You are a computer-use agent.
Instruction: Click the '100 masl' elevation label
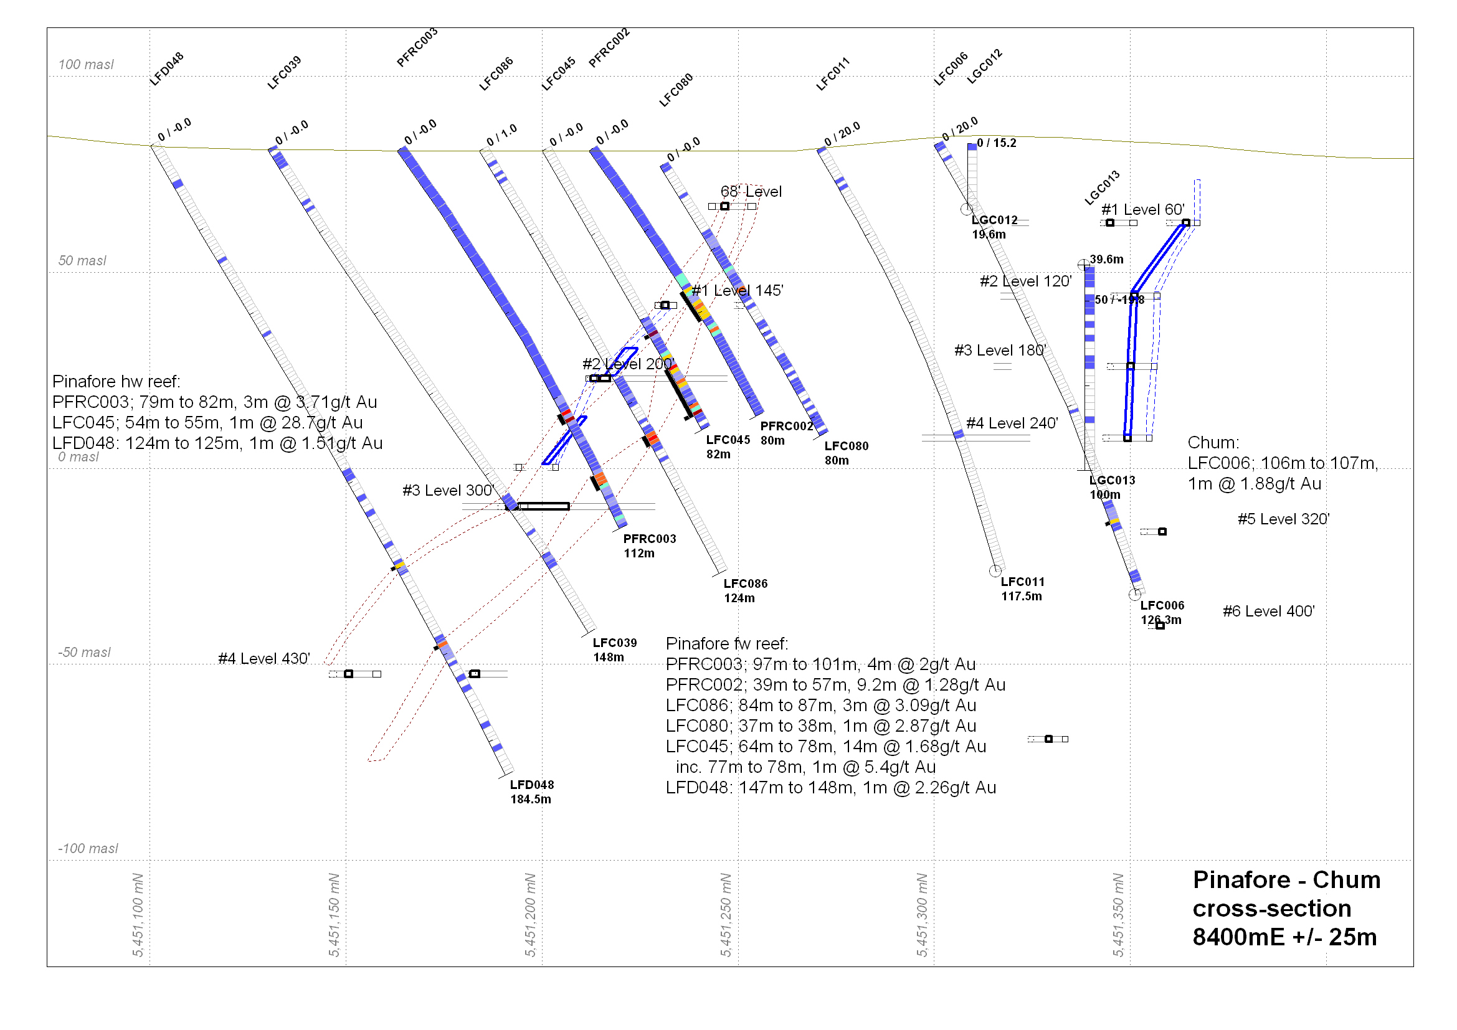tap(86, 64)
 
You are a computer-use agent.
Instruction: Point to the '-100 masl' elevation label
tap(88, 849)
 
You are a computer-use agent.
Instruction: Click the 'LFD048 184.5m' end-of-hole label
tap(531, 792)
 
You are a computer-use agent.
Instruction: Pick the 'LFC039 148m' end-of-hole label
tap(614, 650)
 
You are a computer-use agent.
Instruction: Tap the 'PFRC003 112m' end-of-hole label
tap(649, 546)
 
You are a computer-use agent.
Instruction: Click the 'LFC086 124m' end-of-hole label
tap(745, 590)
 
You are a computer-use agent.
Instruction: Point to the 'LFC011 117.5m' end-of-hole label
tap(1022, 589)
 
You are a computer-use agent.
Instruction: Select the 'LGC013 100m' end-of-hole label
tap(1112, 488)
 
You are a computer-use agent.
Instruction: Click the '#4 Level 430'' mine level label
tap(264, 659)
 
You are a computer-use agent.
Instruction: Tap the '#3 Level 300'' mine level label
tap(448, 490)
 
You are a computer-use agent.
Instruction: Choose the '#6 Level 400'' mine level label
tap(1268, 612)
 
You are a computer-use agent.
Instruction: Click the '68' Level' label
tap(751, 192)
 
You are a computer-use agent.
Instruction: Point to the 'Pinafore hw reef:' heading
tap(116, 381)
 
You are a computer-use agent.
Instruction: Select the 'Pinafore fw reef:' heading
tap(726, 644)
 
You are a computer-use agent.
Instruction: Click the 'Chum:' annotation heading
tap(1213, 443)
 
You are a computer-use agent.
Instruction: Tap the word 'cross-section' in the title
tap(1272, 909)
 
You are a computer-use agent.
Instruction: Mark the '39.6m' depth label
tap(1106, 260)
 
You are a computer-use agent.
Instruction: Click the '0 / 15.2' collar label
tap(996, 143)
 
